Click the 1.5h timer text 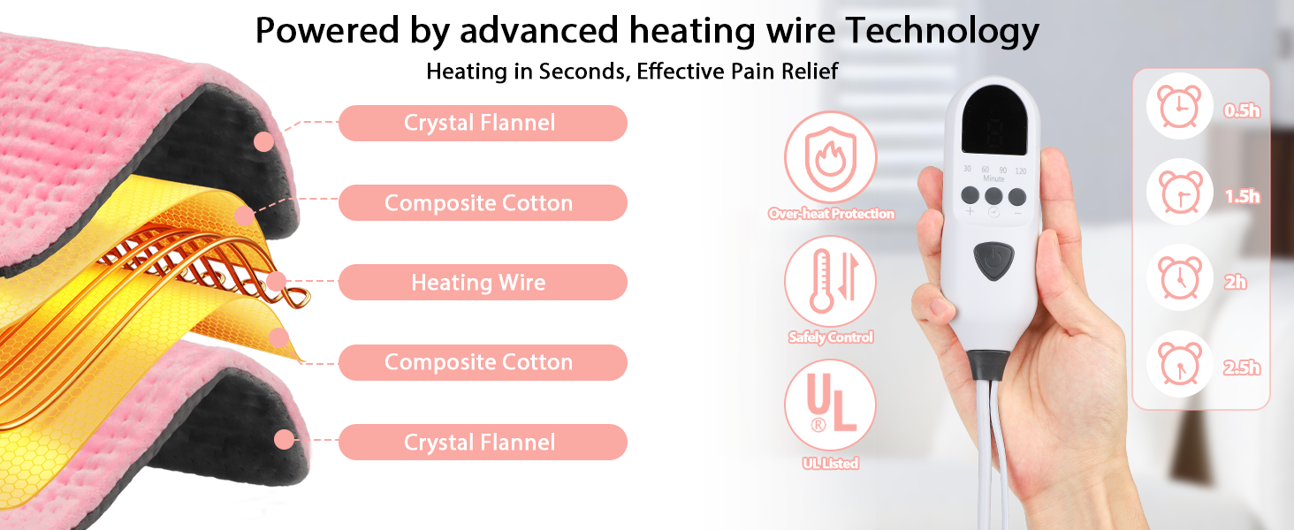click(x=1241, y=196)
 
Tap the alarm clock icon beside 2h click(x=1175, y=280)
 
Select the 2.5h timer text click(x=1241, y=368)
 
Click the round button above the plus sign click(x=970, y=196)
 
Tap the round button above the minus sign click(x=1017, y=196)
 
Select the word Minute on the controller click(x=994, y=178)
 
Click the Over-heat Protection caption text click(x=831, y=214)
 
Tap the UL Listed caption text click(x=830, y=463)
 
